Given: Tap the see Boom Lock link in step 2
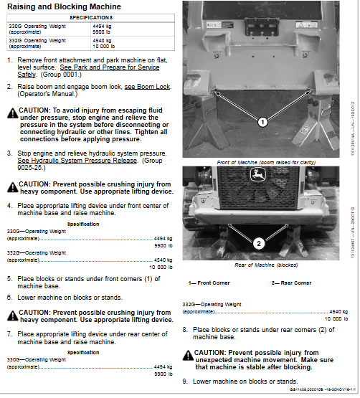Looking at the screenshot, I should (148, 86).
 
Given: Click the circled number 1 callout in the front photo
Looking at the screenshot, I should (262, 122).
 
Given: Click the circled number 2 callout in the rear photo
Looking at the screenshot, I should (259, 242).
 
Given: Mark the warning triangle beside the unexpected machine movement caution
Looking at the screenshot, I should (187, 354).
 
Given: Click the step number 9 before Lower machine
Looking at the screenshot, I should (185, 381).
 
